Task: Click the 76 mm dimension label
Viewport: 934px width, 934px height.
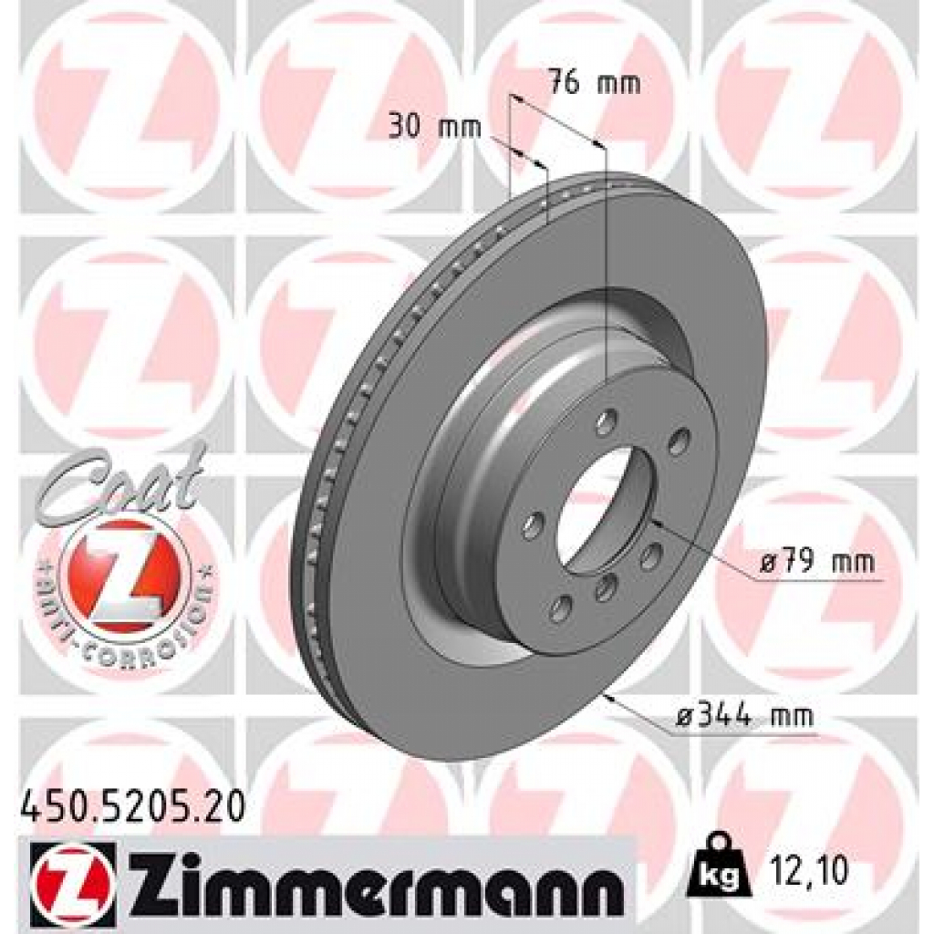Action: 594,84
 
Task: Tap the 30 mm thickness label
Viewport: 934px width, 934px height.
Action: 434,127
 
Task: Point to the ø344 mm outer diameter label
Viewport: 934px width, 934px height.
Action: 742,718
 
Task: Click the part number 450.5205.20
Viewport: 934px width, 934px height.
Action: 132,806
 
